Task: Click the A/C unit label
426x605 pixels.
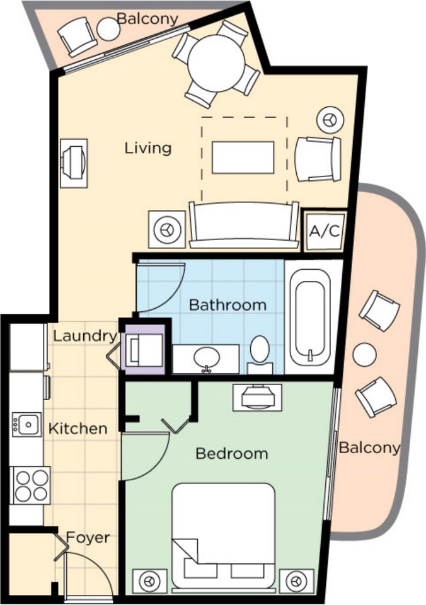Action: click(x=325, y=231)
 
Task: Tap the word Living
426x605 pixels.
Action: click(x=147, y=148)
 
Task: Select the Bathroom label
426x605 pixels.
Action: click(x=227, y=305)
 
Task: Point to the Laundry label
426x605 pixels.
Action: click(x=84, y=336)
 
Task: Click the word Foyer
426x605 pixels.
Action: click(x=88, y=538)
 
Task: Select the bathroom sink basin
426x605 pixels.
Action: click(x=206, y=358)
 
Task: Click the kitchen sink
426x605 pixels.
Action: click(x=27, y=425)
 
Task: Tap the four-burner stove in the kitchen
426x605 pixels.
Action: click(x=31, y=485)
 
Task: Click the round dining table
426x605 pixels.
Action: click(x=216, y=63)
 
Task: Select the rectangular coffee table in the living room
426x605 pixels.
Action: click(x=243, y=158)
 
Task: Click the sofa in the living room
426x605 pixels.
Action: click(x=245, y=224)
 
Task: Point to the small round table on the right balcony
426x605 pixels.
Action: click(x=364, y=355)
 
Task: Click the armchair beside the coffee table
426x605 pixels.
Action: click(x=318, y=159)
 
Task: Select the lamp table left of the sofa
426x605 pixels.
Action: click(x=167, y=229)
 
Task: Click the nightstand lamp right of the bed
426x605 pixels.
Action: click(x=296, y=580)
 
